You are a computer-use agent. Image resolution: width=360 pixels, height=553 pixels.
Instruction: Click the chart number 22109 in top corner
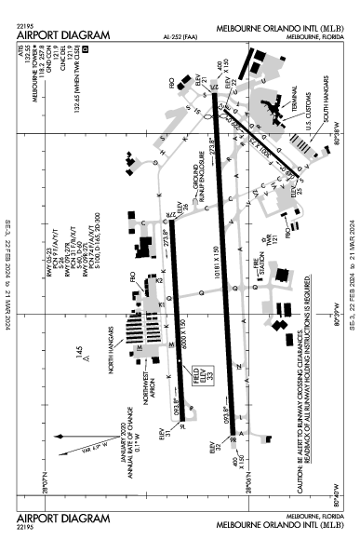[27, 25]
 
